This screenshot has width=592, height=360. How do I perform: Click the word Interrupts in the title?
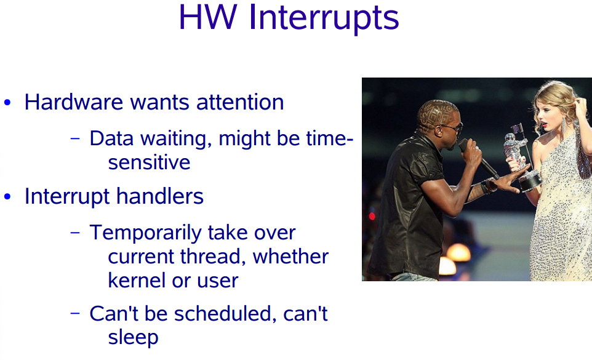[324, 18]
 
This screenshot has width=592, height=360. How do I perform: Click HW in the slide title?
[208, 17]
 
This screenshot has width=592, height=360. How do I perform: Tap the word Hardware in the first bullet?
[74, 102]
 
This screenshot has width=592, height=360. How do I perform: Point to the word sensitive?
[149, 162]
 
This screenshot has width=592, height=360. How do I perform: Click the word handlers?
[160, 196]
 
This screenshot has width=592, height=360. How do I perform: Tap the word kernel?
[137, 281]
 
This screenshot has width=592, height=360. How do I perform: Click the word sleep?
[133, 338]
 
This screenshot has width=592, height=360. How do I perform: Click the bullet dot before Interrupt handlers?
[7, 197]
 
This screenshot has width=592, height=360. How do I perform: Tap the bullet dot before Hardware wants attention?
[7, 103]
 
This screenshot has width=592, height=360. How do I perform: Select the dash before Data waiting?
[75, 138]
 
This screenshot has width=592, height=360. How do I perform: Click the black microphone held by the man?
[478, 159]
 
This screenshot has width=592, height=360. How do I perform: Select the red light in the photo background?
[372, 216]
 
